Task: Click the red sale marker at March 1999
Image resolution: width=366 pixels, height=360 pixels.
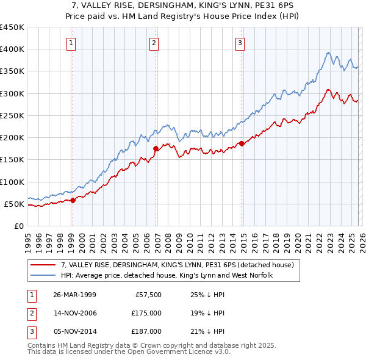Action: pyautogui.click(x=73, y=200)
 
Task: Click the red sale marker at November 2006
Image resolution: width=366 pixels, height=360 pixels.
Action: pyautogui.click(x=156, y=148)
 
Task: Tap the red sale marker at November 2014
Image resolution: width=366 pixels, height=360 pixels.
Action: pyautogui.click(x=242, y=143)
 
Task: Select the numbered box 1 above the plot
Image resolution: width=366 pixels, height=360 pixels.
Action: pyautogui.click(x=72, y=43)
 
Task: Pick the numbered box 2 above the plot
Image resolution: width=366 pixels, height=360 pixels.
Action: pyautogui.click(x=154, y=43)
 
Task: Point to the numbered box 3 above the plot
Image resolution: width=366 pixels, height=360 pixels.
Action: pyautogui.click(x=240, y=43)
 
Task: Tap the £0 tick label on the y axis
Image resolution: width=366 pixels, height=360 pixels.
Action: pyautogui.click(x=19, y=226)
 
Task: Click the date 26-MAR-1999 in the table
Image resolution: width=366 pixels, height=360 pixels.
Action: pyautogui.click(x=74, y=295)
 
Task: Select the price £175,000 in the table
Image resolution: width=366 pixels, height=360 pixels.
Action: pyautogui.click(x=146, y=313)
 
